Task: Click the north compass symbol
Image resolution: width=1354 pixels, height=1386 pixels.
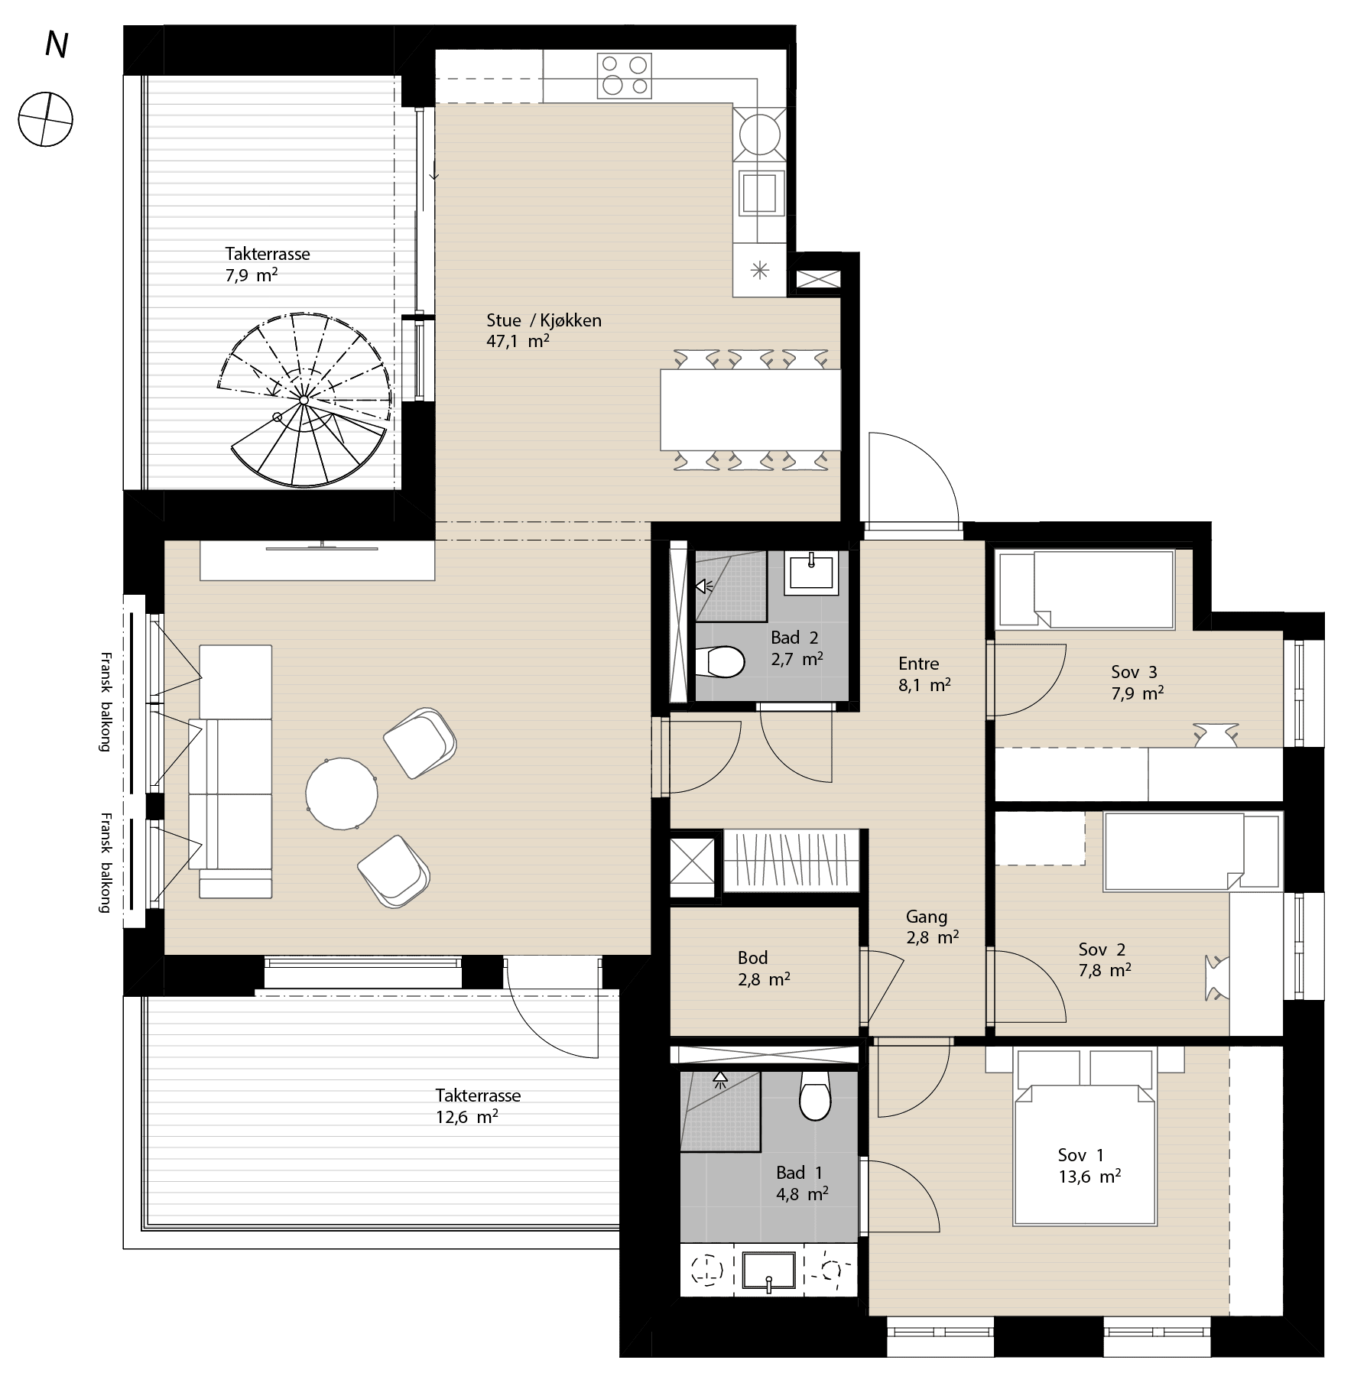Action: click(46, 119)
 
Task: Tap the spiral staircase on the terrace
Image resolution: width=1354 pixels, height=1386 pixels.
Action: click(304, 400)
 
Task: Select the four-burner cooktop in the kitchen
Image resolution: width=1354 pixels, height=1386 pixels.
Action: click(625, 76)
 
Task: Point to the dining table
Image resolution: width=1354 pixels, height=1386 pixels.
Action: click(751, 410)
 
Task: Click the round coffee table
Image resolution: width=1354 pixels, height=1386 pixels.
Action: click(341, 794)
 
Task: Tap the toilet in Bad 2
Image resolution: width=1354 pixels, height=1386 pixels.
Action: click(720, 662)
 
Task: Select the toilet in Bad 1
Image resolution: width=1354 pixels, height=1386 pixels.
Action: click(815, 1095)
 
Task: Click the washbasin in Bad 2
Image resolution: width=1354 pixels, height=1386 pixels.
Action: click(811, 573)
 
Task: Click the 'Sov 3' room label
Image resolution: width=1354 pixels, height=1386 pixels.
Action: click(1134, 673)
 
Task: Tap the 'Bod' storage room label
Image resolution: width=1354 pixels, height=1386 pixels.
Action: click(752, 958)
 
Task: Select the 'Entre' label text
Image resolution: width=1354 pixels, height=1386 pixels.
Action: click(918, 664)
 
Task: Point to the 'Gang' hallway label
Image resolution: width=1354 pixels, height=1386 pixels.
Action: click(927, 917)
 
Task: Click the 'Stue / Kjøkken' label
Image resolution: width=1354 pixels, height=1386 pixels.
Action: click(544, 320)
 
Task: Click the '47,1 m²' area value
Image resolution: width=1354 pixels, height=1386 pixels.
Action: click(518, 341)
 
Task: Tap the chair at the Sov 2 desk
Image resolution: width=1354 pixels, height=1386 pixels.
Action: click(1216, 978)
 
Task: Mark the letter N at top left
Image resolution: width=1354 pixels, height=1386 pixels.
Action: click(56, 46)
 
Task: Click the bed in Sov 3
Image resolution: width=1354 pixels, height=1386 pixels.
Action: click(1085, 589)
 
